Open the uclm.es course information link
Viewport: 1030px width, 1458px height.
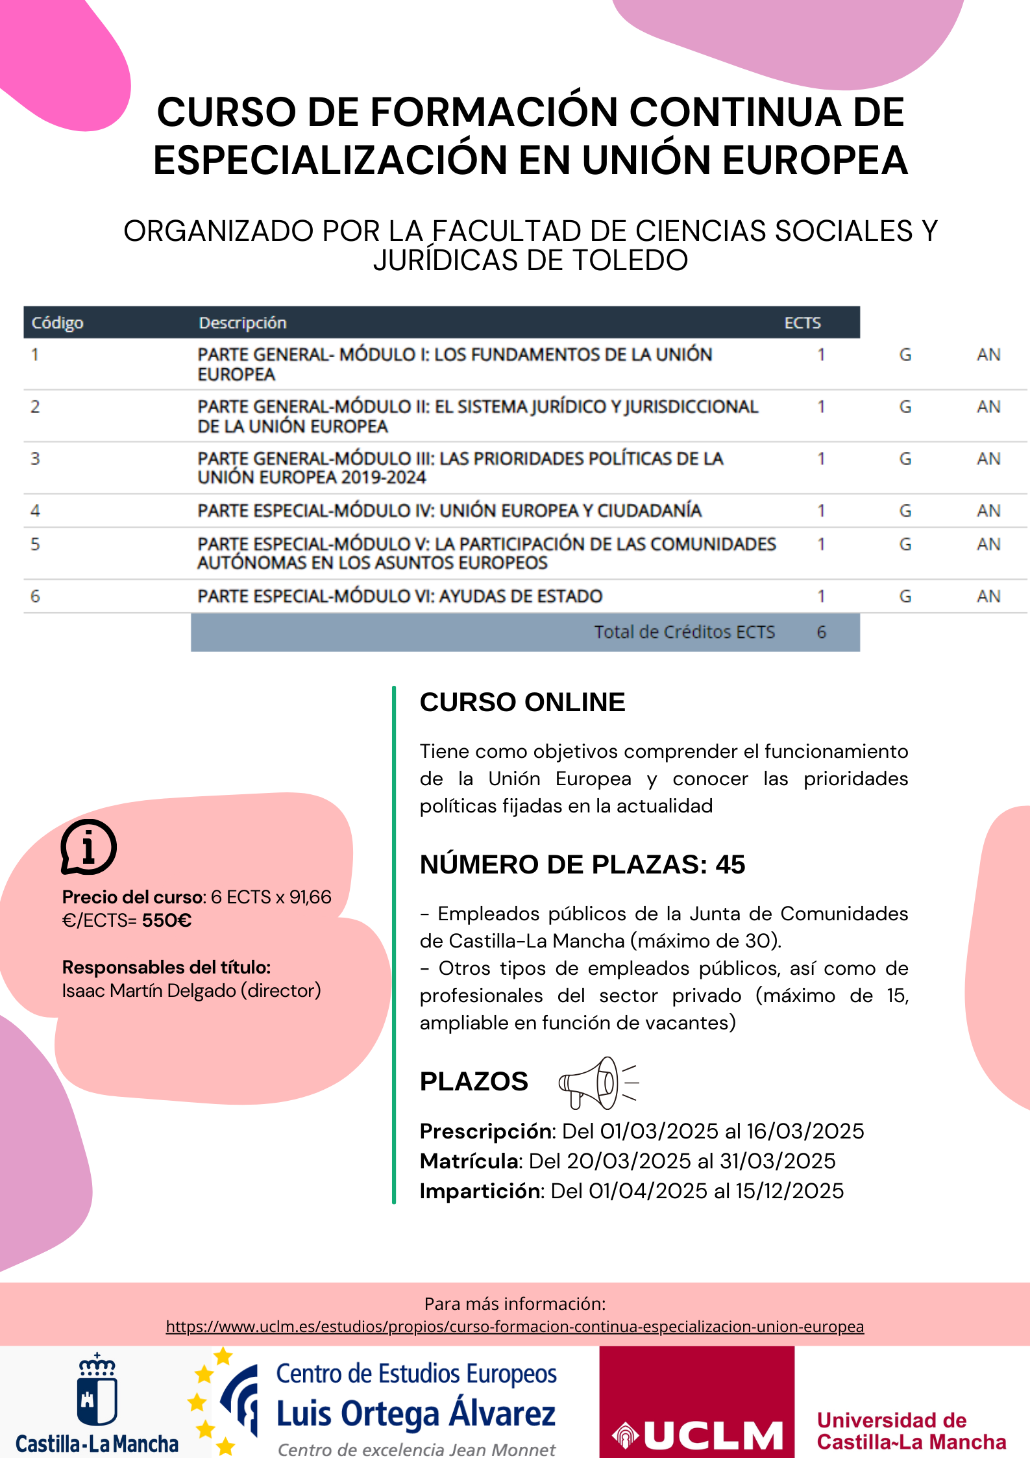coord(515,1326)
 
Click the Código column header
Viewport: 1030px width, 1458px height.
coord(58,323)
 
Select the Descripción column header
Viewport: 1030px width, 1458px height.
coord(242,323)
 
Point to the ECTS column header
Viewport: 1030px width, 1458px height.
coord(802,323)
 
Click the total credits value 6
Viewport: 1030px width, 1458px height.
coord(821,632)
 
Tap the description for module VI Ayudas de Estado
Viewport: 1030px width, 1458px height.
coord(400,596)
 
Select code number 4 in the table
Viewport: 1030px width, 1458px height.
coord(35,510)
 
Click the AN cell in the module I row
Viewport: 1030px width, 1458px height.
coord(988,355)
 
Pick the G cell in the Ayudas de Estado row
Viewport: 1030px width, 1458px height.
coord(905,596)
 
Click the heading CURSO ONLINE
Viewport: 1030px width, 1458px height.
coord(522,702)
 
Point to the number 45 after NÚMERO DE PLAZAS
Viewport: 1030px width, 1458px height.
coord(730,864)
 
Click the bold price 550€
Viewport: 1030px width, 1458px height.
coord(167,920)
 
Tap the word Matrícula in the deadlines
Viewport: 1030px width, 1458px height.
coord(471,1161)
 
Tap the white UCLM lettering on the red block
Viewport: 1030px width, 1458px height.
coord(713,1435)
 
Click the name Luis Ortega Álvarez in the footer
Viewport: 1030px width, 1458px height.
coord(416,1414)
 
